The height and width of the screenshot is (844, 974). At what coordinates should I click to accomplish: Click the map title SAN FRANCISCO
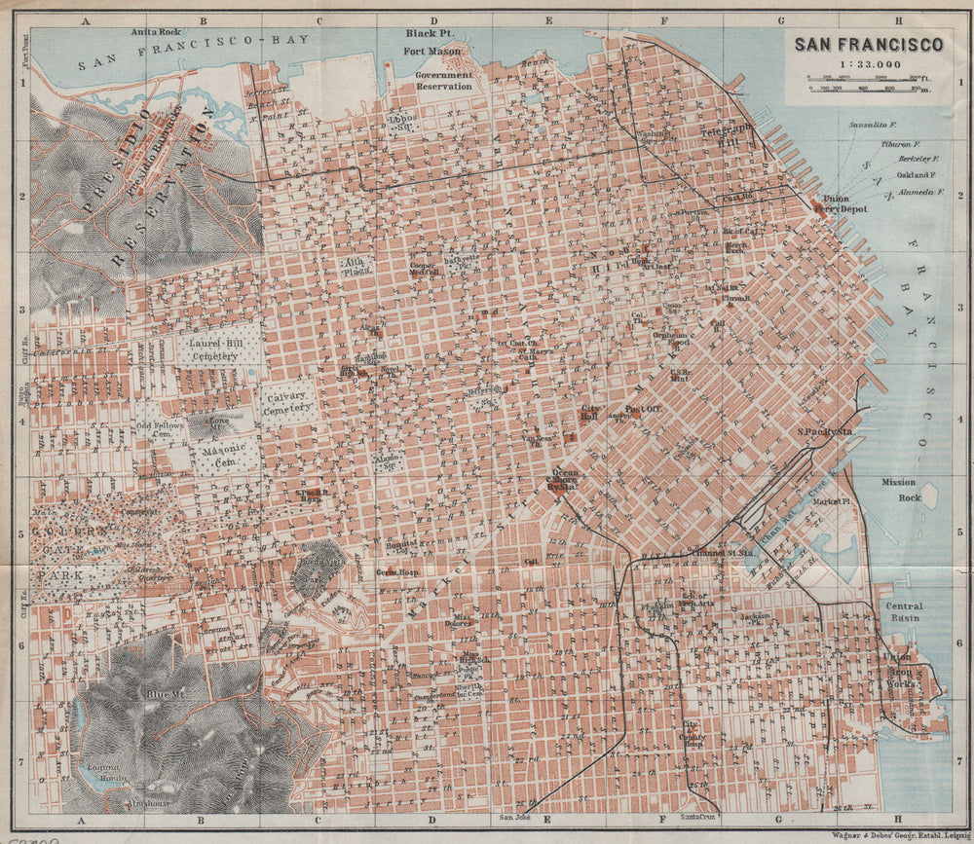868,44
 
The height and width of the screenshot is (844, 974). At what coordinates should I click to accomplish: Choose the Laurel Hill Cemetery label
213,349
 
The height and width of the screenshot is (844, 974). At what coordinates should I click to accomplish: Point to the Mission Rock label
899,489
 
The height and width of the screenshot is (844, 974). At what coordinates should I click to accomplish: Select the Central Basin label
903,612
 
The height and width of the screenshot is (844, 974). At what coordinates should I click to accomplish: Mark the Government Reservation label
443,80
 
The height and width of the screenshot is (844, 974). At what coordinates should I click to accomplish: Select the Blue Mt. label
156,693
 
